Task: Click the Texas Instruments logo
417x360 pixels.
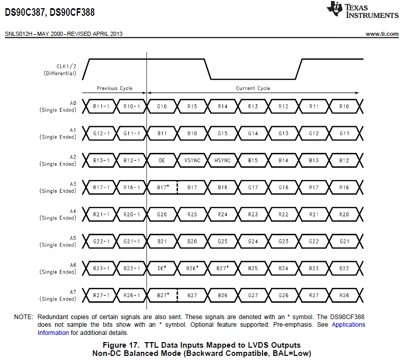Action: tap(363, 10)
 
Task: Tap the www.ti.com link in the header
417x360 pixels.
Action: tap(382, 34)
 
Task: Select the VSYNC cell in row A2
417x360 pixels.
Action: tap(192, 160)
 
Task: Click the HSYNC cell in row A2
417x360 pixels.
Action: tap(222, 160)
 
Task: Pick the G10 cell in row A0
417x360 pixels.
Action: tap(162, 106)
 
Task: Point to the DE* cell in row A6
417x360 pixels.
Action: tap(162, 268)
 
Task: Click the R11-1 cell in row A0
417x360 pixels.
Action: tap(101, 106)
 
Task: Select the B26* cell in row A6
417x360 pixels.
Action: tap(192, 268)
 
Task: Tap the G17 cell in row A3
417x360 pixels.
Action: tap(253, 187)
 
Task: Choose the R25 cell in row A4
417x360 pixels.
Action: tap(192, 214)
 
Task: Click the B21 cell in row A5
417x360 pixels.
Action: tap(162, 241)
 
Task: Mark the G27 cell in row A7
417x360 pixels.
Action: tap(253, 295)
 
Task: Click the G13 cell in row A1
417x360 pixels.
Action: tap(283, 133)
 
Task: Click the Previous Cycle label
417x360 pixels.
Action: tap(115, 88)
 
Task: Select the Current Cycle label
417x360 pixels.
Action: tap(253, 88)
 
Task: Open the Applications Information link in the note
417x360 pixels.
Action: tap(348, 325)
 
